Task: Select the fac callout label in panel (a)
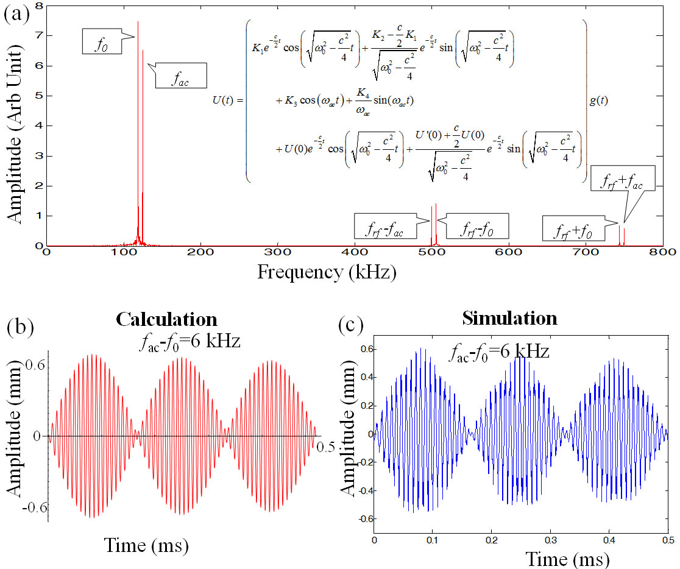tap(180, 77)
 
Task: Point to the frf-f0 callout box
tap(477, 228)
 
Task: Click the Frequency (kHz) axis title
tap(327, 272)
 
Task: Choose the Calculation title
tap(166, 320)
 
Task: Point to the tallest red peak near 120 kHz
tap(138, 24)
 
